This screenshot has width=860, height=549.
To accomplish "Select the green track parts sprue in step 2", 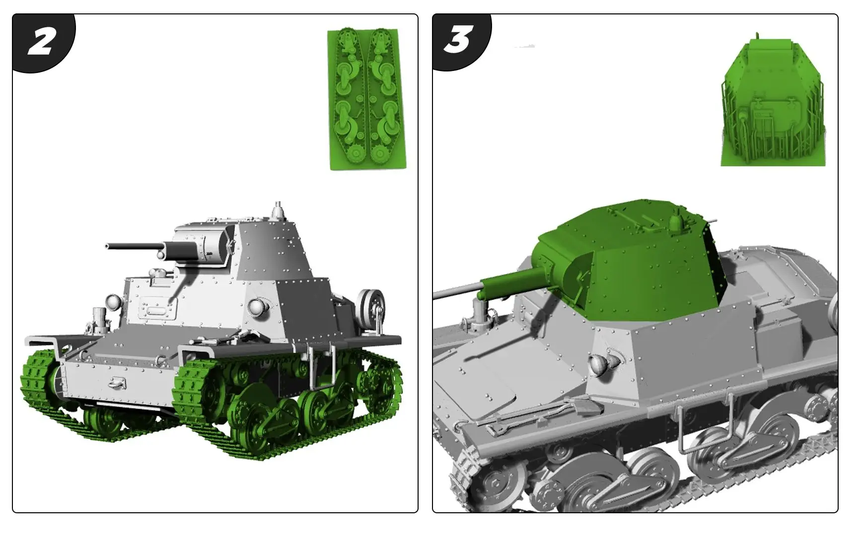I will tap(367, 99).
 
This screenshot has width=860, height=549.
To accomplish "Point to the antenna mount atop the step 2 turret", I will tap(279, 210).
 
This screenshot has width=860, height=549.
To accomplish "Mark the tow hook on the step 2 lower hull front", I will tap(118, 382).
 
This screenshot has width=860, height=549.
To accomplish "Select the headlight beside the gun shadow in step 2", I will tap(114, 301).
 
